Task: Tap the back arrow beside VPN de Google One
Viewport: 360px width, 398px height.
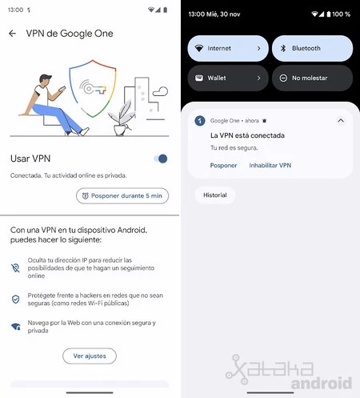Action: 12,34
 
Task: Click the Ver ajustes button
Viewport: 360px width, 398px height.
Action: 90,356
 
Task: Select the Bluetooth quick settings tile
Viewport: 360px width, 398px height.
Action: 312,48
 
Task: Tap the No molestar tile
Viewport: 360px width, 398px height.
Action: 312,78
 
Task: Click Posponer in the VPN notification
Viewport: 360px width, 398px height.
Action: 223,165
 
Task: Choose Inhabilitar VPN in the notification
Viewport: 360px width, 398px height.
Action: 270,165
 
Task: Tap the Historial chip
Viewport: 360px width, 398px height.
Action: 215,195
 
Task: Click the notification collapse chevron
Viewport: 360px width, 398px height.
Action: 340,120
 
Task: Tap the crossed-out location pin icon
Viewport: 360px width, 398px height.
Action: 16,268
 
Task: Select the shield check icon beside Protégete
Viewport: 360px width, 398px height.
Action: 16,299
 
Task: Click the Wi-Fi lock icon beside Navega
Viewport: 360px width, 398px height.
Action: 16,327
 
